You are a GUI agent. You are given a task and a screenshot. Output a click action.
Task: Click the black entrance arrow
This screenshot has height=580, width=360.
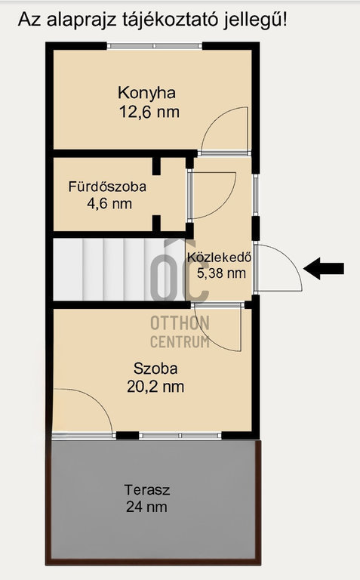pos(324,269)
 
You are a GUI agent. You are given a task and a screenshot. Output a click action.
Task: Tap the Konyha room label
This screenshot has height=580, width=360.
pos(146,93)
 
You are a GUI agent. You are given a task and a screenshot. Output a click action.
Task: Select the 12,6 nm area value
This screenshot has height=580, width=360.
pos(149,112)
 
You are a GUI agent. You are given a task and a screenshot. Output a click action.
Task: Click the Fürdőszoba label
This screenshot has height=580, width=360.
pos(107,187)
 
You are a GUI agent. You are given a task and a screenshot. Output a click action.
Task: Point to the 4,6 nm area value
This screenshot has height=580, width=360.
pos(109,203)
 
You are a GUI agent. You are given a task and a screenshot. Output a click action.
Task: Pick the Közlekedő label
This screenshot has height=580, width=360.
pos(220,257)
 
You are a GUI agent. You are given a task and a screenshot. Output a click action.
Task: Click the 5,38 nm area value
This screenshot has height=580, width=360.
pos(221,273)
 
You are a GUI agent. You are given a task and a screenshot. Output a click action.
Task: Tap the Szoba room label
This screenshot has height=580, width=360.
pos(155,369)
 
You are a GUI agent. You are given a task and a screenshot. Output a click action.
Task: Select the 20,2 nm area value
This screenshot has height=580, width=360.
pos(155,387)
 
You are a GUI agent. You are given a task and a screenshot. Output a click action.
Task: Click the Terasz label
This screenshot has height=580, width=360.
pos(147,489)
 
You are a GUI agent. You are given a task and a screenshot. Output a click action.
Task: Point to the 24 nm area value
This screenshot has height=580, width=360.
pos(146,507)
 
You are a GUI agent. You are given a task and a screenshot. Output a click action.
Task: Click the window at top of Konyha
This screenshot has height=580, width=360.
pos(155,46)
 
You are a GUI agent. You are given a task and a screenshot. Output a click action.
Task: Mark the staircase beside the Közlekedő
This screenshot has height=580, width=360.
pos(119,270)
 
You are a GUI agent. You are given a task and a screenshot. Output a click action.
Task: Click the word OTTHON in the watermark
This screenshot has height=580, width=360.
pos(180,323)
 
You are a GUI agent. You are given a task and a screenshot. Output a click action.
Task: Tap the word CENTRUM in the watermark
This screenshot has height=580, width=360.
pos(180,341)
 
